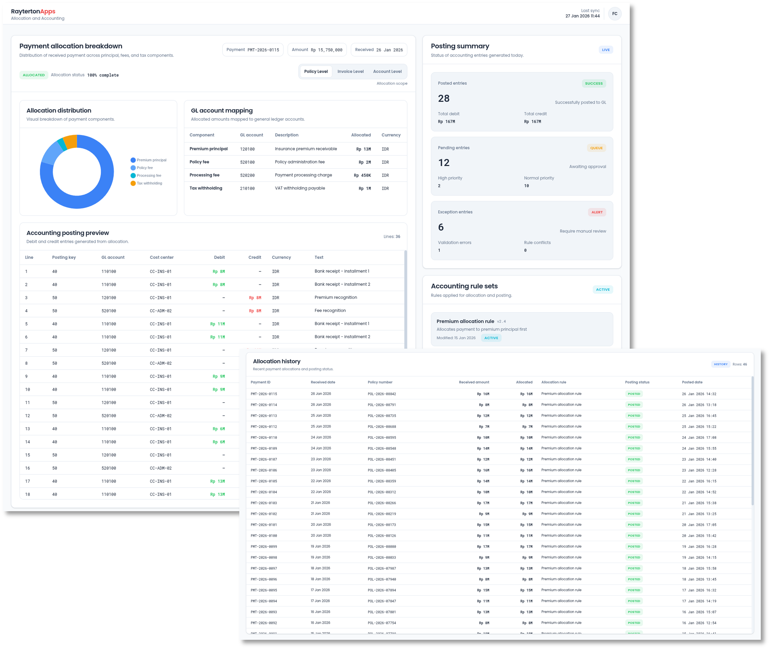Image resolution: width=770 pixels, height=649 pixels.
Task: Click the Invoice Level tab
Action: coord(350,71)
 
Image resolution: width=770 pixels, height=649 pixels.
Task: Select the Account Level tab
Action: coord(387,71)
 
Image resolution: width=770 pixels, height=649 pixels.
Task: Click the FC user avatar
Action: coord(615,13)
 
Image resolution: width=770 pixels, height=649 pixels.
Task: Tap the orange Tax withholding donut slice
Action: coord(70,142)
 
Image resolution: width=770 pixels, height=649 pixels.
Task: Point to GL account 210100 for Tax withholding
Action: coord(247,188)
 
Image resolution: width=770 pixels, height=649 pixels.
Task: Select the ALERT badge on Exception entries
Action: coord(597,212)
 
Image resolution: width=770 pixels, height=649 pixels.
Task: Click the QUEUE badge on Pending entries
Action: coord(596,148)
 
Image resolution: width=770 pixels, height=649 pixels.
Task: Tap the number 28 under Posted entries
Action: coord(443,99)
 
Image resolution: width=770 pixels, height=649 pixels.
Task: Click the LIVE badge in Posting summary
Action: coord(605,50)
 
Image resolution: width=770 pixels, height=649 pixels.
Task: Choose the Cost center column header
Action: coord(161,258)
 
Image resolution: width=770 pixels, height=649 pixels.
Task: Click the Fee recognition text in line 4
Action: coord(330,311)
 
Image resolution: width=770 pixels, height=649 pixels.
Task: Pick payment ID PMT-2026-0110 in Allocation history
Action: coord(264,437)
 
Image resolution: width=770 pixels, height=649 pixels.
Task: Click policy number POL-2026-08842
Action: coord(382,394)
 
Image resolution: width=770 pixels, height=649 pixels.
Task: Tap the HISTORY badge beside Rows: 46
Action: coord(720,364)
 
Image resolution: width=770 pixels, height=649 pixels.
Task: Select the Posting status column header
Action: coord(637,382)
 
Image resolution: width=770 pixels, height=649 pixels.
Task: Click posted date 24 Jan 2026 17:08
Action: coord(699,438)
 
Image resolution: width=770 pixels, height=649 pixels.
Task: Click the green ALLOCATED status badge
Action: coord(34,75)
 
